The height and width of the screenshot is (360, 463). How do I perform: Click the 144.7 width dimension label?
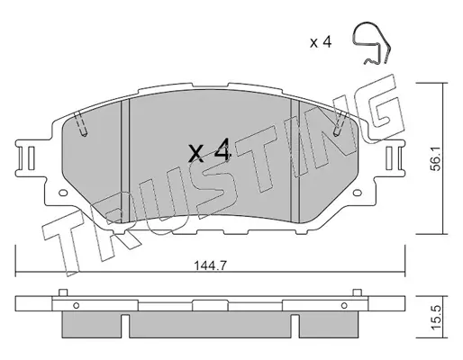210,265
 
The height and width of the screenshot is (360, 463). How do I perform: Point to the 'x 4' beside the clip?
321,42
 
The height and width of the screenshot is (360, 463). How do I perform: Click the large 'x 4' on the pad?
210,150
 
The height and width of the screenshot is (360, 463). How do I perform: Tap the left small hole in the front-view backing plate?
63,193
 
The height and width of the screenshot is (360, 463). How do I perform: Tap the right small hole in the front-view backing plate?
358,193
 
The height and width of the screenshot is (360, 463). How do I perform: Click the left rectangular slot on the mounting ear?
32,157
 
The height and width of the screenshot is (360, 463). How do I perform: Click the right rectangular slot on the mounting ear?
389,157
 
